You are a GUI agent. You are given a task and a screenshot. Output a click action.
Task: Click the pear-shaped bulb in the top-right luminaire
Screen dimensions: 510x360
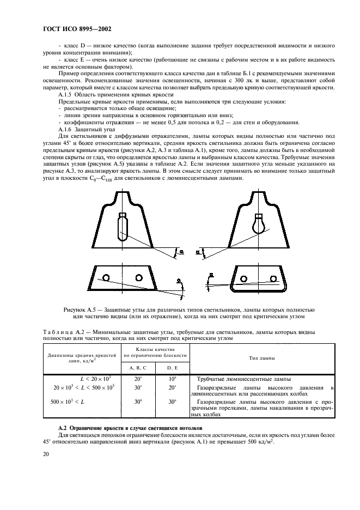(257, 222)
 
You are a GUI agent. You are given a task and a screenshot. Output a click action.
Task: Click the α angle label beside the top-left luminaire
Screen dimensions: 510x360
(181, 252)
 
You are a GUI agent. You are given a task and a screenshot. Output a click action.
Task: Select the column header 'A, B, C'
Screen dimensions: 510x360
(138, 369)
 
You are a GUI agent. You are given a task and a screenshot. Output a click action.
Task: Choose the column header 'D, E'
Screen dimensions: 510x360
(172, 369)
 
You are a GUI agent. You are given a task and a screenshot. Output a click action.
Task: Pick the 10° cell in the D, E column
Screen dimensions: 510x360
(172, 378)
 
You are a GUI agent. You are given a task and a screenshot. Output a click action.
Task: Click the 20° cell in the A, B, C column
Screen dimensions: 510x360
(138, 378)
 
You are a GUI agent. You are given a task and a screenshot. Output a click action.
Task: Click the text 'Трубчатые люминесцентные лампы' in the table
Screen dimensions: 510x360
(235, 379)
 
